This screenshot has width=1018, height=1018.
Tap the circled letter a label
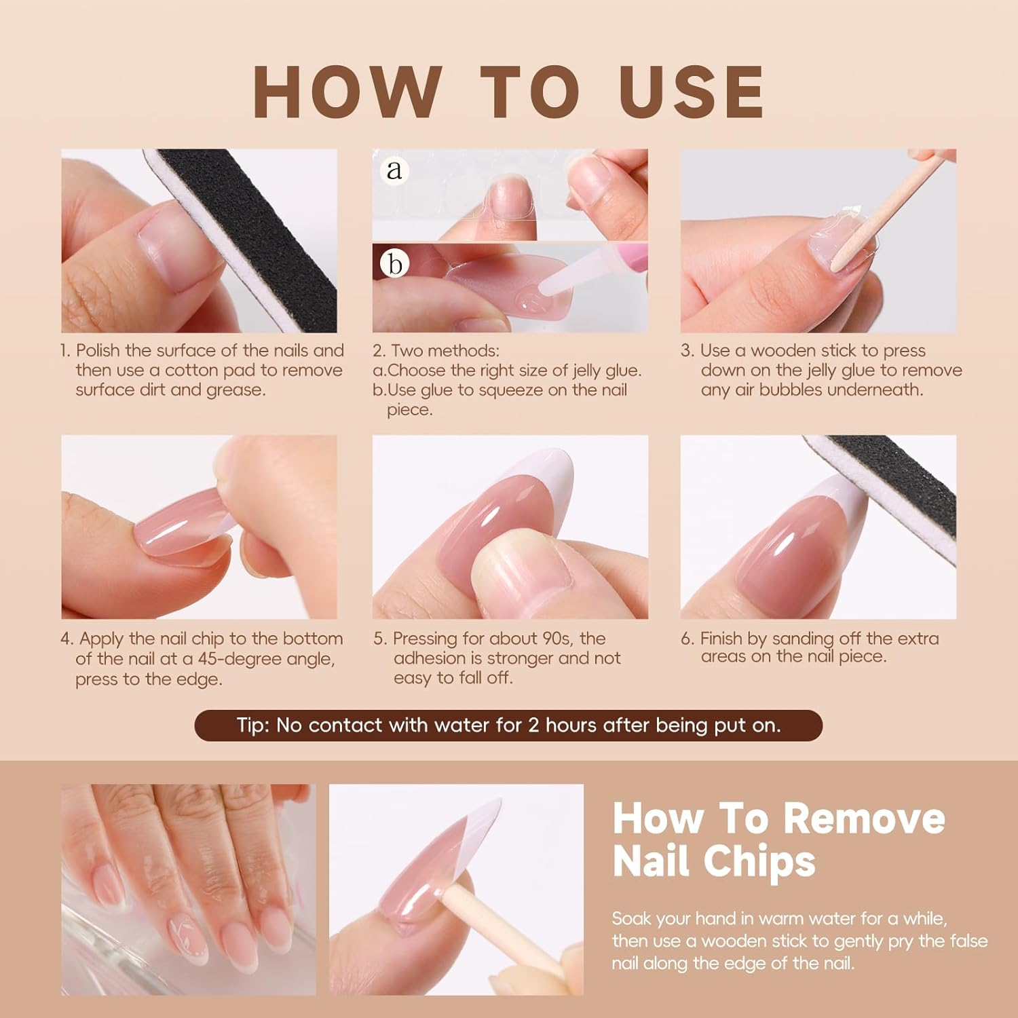tap(394, 170)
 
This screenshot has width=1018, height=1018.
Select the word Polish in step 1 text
tap(98, 351)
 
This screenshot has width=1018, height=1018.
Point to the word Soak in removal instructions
tap(632, 919)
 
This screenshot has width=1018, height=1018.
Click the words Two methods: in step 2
tap(445, 351)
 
